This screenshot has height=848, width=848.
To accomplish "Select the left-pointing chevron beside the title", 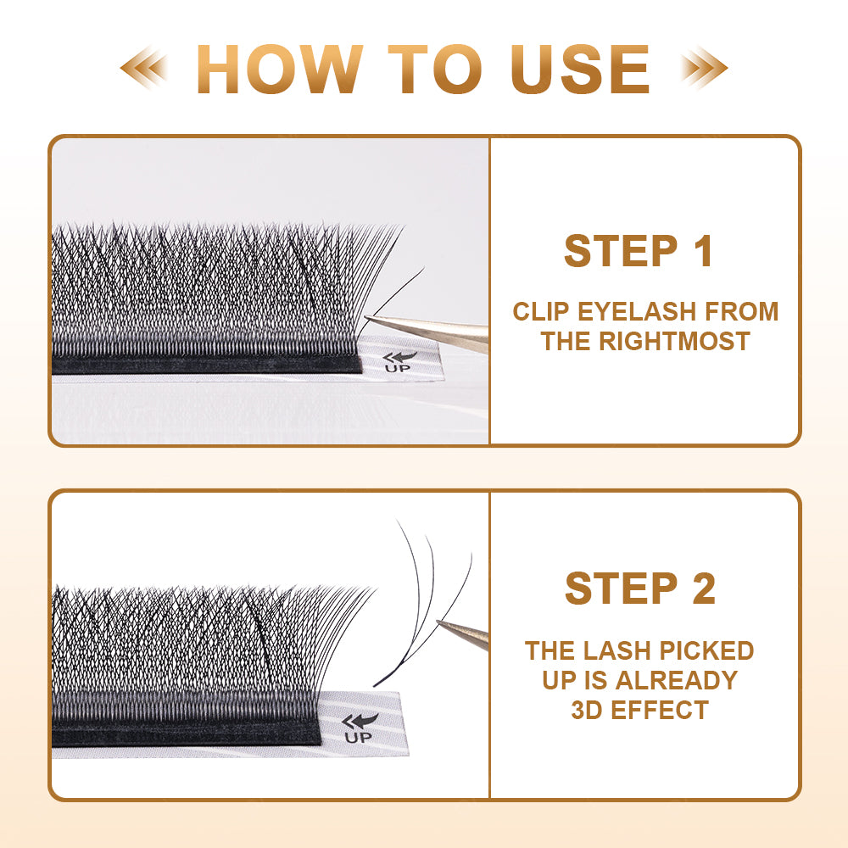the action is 143,68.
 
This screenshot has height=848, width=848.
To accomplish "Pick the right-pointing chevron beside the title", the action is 704,68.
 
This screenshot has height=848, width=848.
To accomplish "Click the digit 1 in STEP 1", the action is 703,250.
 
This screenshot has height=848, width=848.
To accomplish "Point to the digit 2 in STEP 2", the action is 704,589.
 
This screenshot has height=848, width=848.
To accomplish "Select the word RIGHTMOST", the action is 674,341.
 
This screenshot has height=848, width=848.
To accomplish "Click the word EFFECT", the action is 659,710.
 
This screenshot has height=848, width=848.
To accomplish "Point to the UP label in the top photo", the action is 398,369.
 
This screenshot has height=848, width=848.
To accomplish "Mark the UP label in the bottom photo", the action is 358,737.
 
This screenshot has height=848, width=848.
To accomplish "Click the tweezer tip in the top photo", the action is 366,317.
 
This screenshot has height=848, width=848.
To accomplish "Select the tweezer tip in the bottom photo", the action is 438,622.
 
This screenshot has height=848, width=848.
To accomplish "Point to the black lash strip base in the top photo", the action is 207,365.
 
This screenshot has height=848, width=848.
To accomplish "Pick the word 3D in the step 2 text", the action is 587,710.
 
